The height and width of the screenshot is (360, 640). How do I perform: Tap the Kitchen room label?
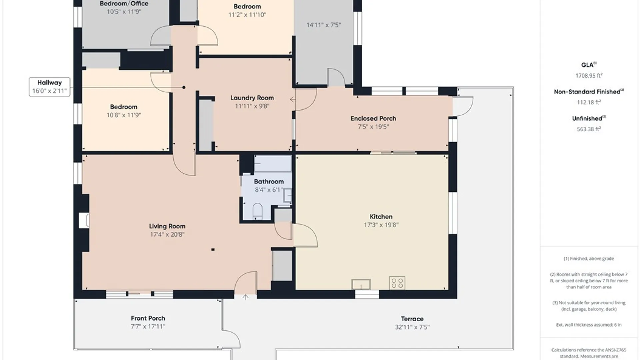click(x=381, y=216)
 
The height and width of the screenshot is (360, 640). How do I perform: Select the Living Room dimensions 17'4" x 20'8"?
click(x=167, y=234)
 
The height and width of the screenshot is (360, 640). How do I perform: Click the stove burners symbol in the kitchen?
click(x=397, y=283)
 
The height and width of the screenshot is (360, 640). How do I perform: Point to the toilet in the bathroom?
click(x=257, y=211)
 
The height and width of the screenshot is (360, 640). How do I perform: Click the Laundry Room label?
click(x=252, y=98)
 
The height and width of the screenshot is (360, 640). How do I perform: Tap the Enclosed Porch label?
click(x=373, y=118)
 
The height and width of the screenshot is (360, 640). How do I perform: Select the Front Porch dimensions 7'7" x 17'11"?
click(x=148, y=326)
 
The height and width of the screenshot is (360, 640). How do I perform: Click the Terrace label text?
click(x=412, y=319)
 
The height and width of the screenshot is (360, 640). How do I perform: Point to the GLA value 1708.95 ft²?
click(x=589, y=75)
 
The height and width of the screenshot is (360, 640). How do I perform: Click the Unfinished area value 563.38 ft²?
click(x=589, y=129)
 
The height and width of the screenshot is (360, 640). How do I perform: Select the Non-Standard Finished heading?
click(x=589, y=92)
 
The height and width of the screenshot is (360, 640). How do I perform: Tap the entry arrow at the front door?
click(x=246, y=297)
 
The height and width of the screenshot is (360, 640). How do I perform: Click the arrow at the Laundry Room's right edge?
click(x=293, y=99)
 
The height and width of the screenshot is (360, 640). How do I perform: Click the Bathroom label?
click(x=269, y=181)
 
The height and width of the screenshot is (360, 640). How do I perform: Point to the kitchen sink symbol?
click(x=361, y=284)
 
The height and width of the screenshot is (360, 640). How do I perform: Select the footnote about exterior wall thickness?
click(x=589, y=325)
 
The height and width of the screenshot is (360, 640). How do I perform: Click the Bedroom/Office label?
click(x=124, y=3)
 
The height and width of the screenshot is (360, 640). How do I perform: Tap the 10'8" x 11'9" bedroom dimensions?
click(x=124, y=115)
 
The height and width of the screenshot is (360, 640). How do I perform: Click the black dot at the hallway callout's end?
click(x=184, y=87)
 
